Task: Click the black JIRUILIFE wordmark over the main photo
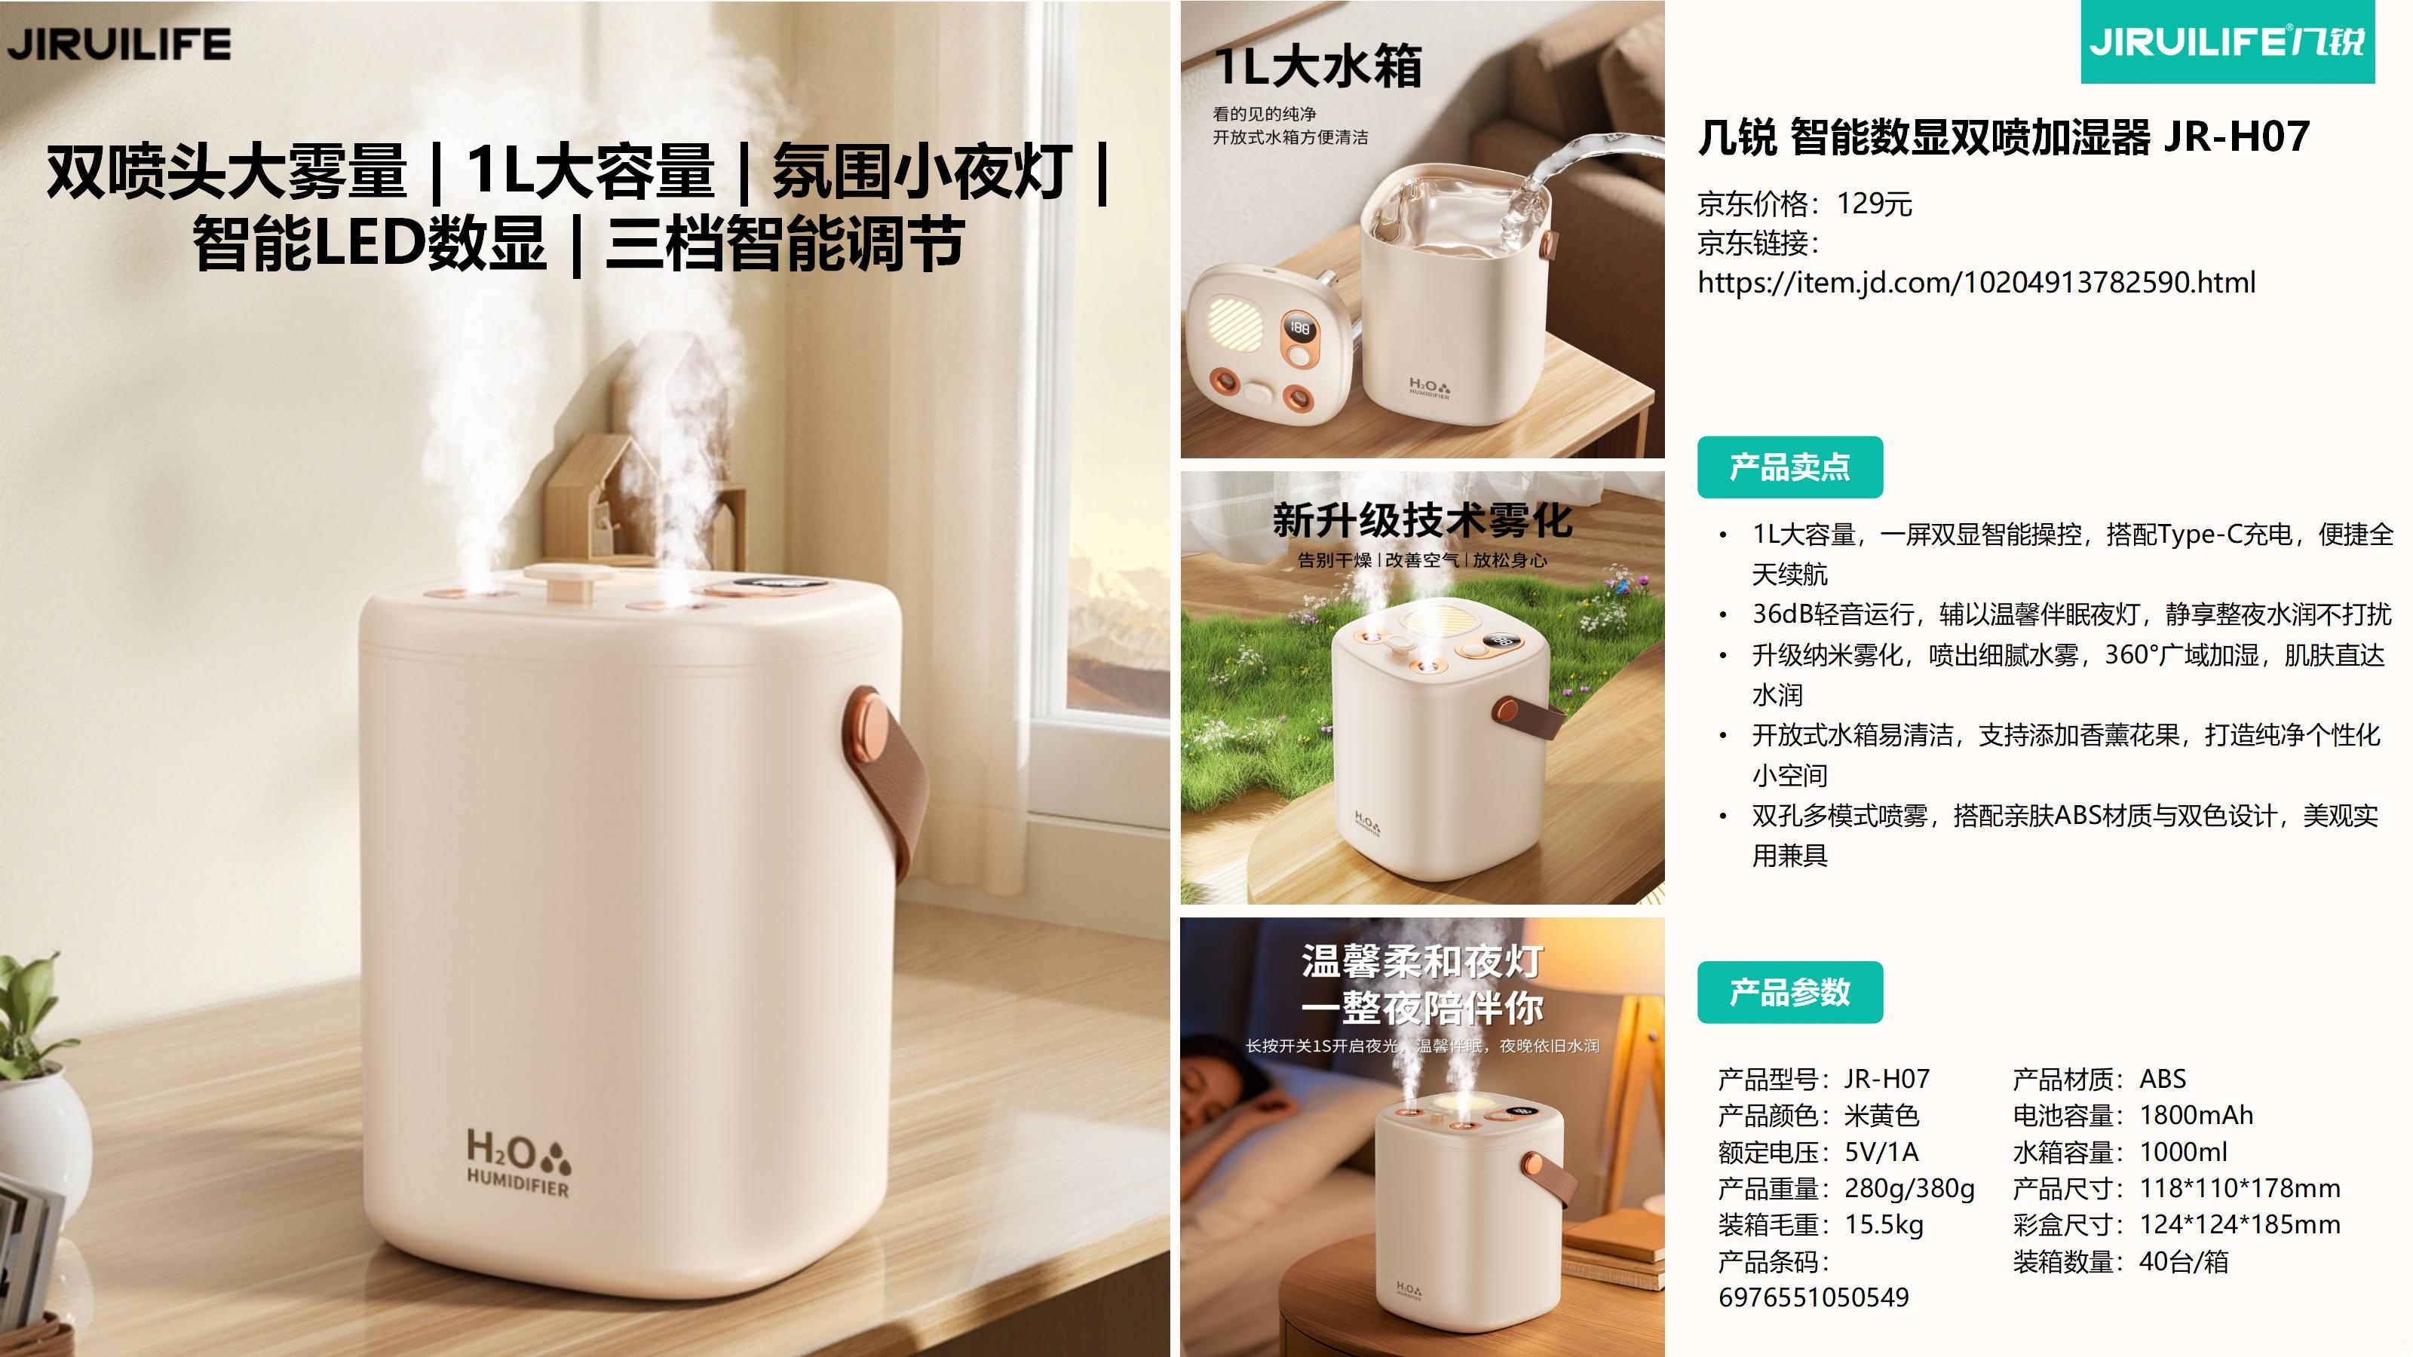[119, 44]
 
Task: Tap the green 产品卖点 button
[1789, 467]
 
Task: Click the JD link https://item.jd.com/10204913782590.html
[1976, 282]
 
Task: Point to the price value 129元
[1873, 204]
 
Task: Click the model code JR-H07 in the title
[2237, 136]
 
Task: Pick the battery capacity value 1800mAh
[2196, 1114]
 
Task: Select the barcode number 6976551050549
[1814, 1297]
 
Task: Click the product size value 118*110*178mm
[2240, 1187]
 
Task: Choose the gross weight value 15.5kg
[1884, 1224]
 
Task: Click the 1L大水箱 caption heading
[1318, 66]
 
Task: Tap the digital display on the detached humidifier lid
[1299, 328]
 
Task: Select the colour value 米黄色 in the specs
[1882, 1114]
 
